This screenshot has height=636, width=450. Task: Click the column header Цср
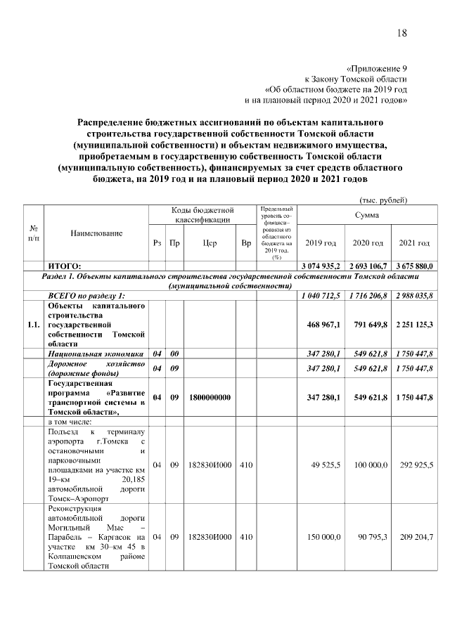point(209,243)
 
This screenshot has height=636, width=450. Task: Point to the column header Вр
point(245,243)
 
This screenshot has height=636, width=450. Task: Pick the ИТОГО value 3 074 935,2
point(321,266)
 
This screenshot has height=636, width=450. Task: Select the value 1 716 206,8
point(368,295)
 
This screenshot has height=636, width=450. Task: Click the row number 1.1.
point(33,325)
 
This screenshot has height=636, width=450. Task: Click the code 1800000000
point(209,397)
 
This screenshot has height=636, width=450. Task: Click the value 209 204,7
point(416,537)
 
